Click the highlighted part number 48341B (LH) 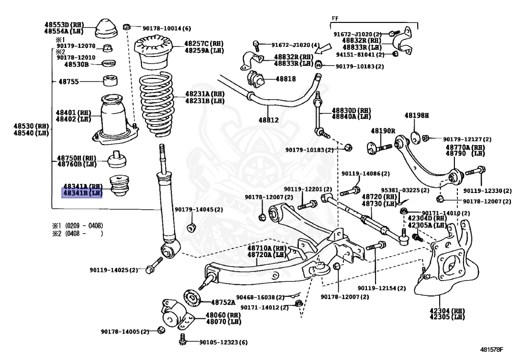click(x=82, y=193)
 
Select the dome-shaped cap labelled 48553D click(x=106, y=29)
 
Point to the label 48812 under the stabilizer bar click(x=269, y=120)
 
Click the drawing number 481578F click(x=491, y=349)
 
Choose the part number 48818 click(x=285, y=79)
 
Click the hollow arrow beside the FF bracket click(x=323, y=48)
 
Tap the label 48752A click(x=223, y=302)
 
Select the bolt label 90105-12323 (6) click(x=223, y=342)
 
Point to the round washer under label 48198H click(x=415, y=138)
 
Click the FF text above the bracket click(x=335, y=19)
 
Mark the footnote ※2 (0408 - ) click(x=77, y=233)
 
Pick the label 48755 click(x=69, y=81)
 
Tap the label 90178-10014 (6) click(x=166, y=29)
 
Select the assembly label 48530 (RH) click(x=31, y=126)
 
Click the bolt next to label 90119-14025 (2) click(x=154, y=265)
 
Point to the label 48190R click(x=383, y=131)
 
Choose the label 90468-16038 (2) click(x=260, y=297)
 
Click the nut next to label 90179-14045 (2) click(x=191, y=228)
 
